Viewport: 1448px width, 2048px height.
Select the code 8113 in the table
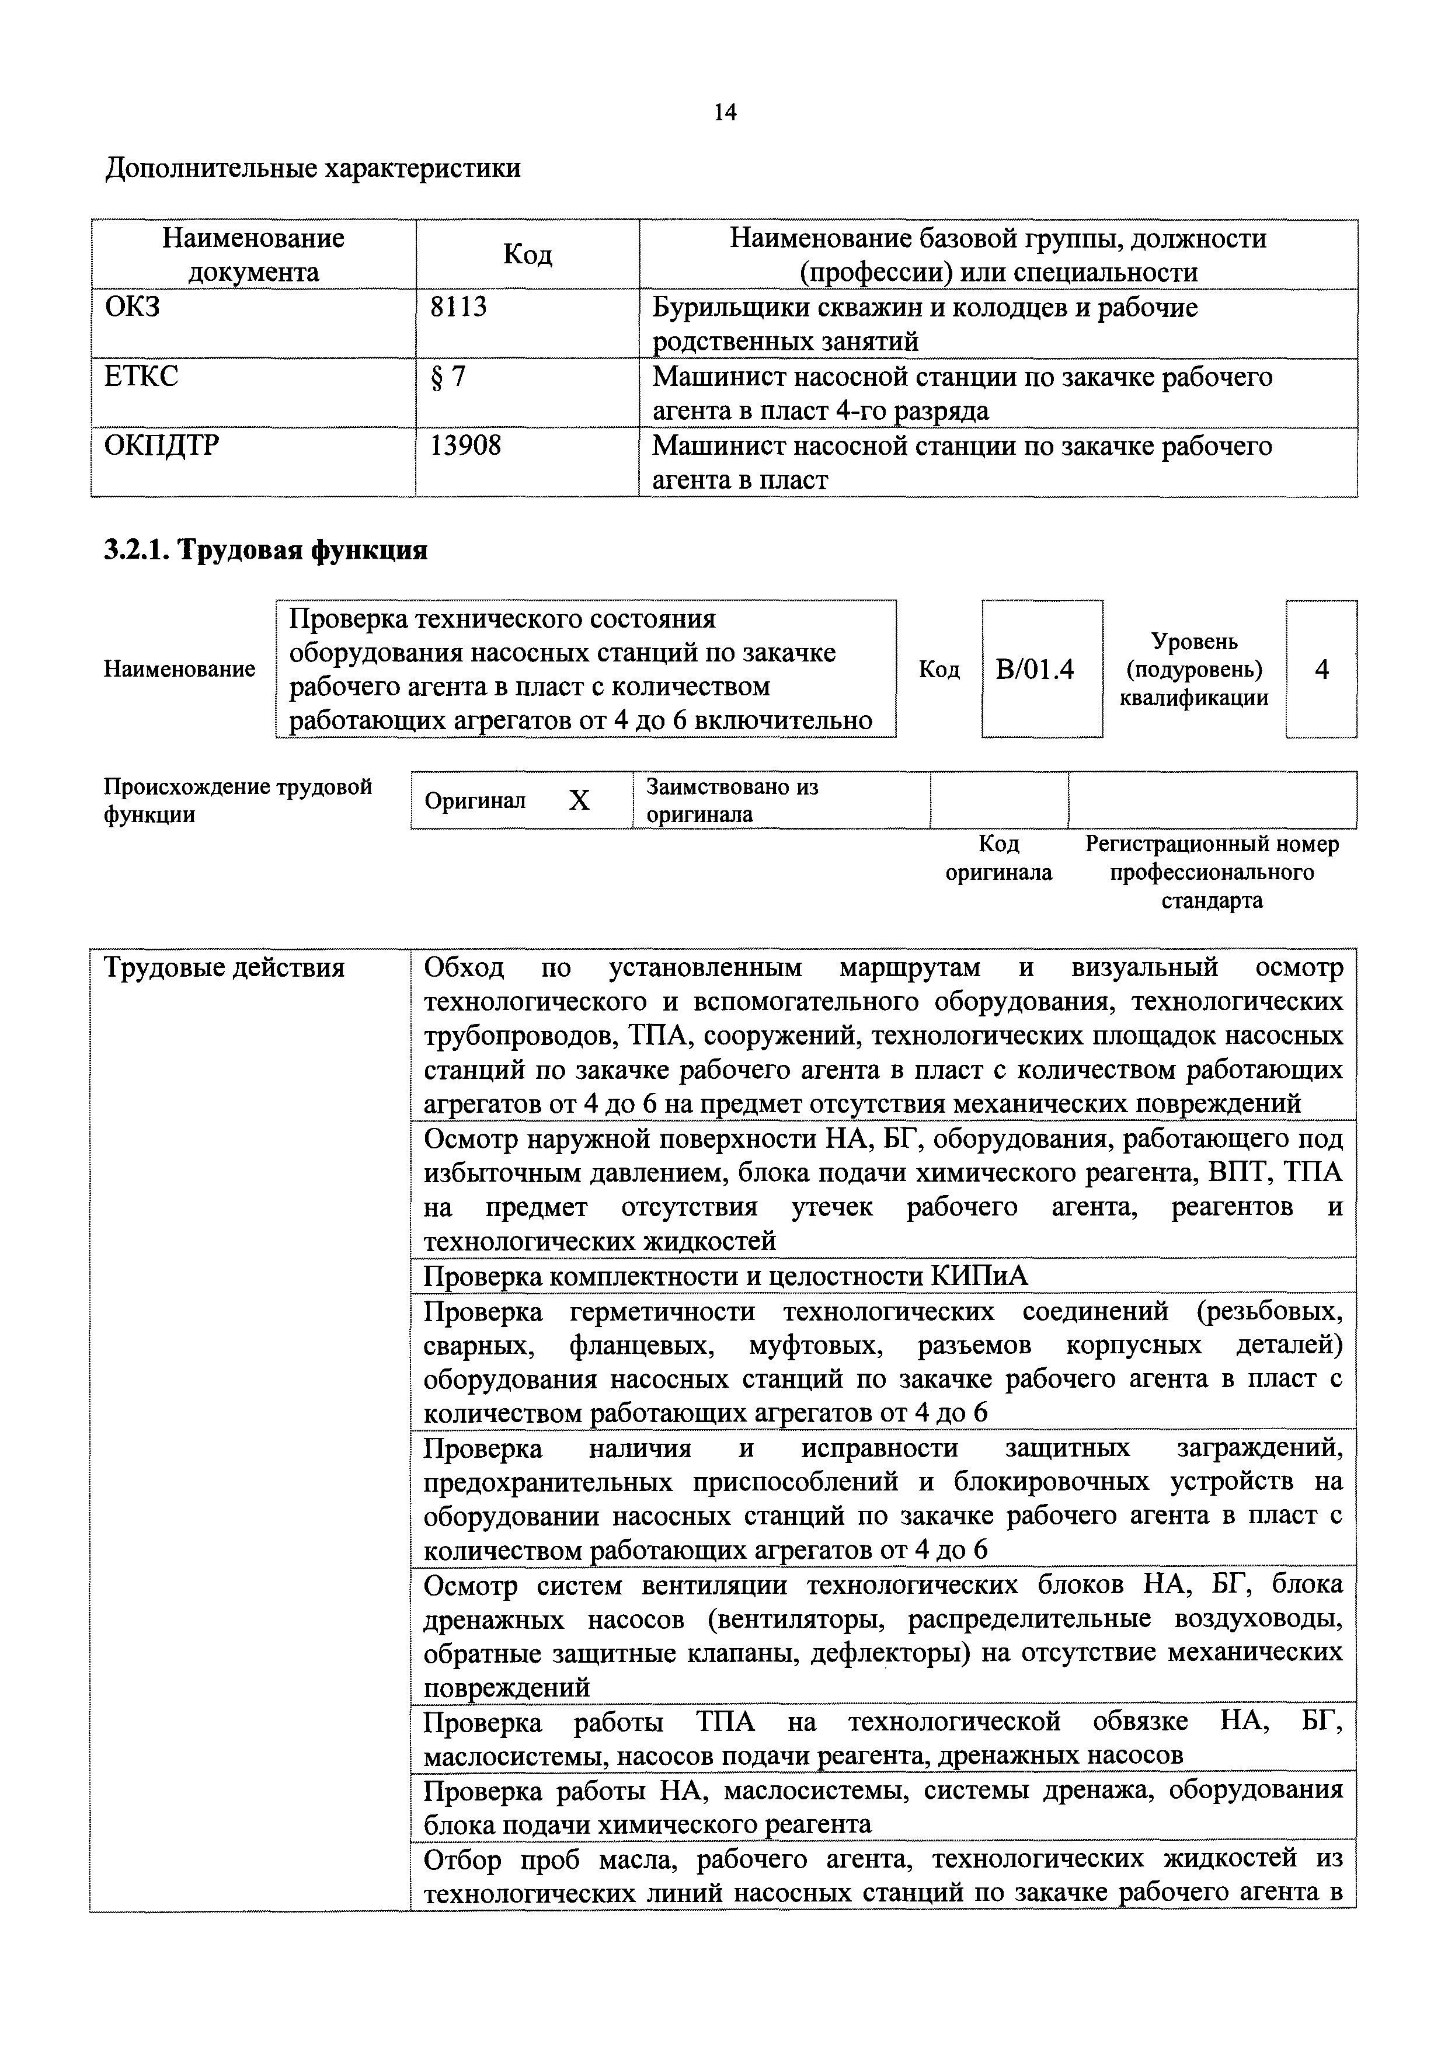458,307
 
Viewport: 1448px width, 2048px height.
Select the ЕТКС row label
141,377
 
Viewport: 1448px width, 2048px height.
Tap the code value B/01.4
1041,669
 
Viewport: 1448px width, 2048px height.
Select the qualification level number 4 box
1321,669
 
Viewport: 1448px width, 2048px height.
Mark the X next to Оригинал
579,801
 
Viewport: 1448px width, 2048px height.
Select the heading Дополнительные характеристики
313,168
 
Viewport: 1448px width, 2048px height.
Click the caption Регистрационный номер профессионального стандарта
1212,872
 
